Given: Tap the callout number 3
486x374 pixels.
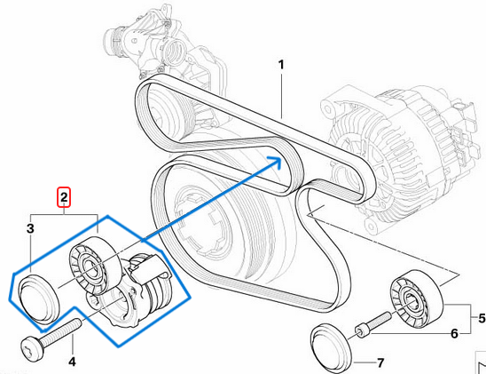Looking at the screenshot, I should [29, 230].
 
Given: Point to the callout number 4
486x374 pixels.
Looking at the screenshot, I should [73, 361].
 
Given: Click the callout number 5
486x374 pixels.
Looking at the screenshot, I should [481, 317].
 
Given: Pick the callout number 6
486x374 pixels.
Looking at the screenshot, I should [454, 334].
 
